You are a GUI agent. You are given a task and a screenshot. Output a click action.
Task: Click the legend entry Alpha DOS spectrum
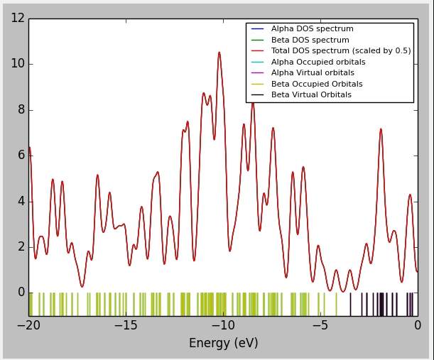[x=312, y=29]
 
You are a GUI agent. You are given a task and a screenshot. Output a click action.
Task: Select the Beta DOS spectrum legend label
[x=310, y=40]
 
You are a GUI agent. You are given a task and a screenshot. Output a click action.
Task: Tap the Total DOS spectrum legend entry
[x=340, y=51]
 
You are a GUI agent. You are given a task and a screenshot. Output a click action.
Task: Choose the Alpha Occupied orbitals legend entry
[x=318, y=62]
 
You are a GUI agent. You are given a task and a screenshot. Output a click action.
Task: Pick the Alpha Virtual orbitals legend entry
[x=313, y=73]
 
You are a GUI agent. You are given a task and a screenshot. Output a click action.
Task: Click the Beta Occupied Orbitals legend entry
[x=316, y=84]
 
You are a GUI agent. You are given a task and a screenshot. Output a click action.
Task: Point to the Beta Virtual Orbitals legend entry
[x=311, y=94]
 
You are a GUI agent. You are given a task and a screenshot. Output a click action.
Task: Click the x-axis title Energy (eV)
[x=223, y=344]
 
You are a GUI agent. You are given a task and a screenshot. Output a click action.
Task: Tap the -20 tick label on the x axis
[x=28, y=326]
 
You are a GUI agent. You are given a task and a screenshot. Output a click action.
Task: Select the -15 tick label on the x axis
[x=126, y=326]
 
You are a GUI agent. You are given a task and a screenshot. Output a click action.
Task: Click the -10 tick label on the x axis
[x=223, y=326]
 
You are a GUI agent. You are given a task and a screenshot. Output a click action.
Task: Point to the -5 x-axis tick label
[x=320, y=326]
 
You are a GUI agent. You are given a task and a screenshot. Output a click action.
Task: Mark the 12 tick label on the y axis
[x=18, y=18]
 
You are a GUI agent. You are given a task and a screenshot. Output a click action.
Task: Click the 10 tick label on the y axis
[x=18, y=64]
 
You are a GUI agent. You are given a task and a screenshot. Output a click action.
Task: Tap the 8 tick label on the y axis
[x=21, y=109]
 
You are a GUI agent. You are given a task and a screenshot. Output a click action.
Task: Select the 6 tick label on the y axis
[x=21, y=156]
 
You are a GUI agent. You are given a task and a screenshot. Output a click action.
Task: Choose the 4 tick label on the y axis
[x=21, y=201]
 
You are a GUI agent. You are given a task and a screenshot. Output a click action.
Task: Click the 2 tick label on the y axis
[x=21, y=247]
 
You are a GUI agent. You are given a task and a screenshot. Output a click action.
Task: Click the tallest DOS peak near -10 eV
[x=219, y=53]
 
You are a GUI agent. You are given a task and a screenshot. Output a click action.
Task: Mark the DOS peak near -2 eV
[x=381, y=129]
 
